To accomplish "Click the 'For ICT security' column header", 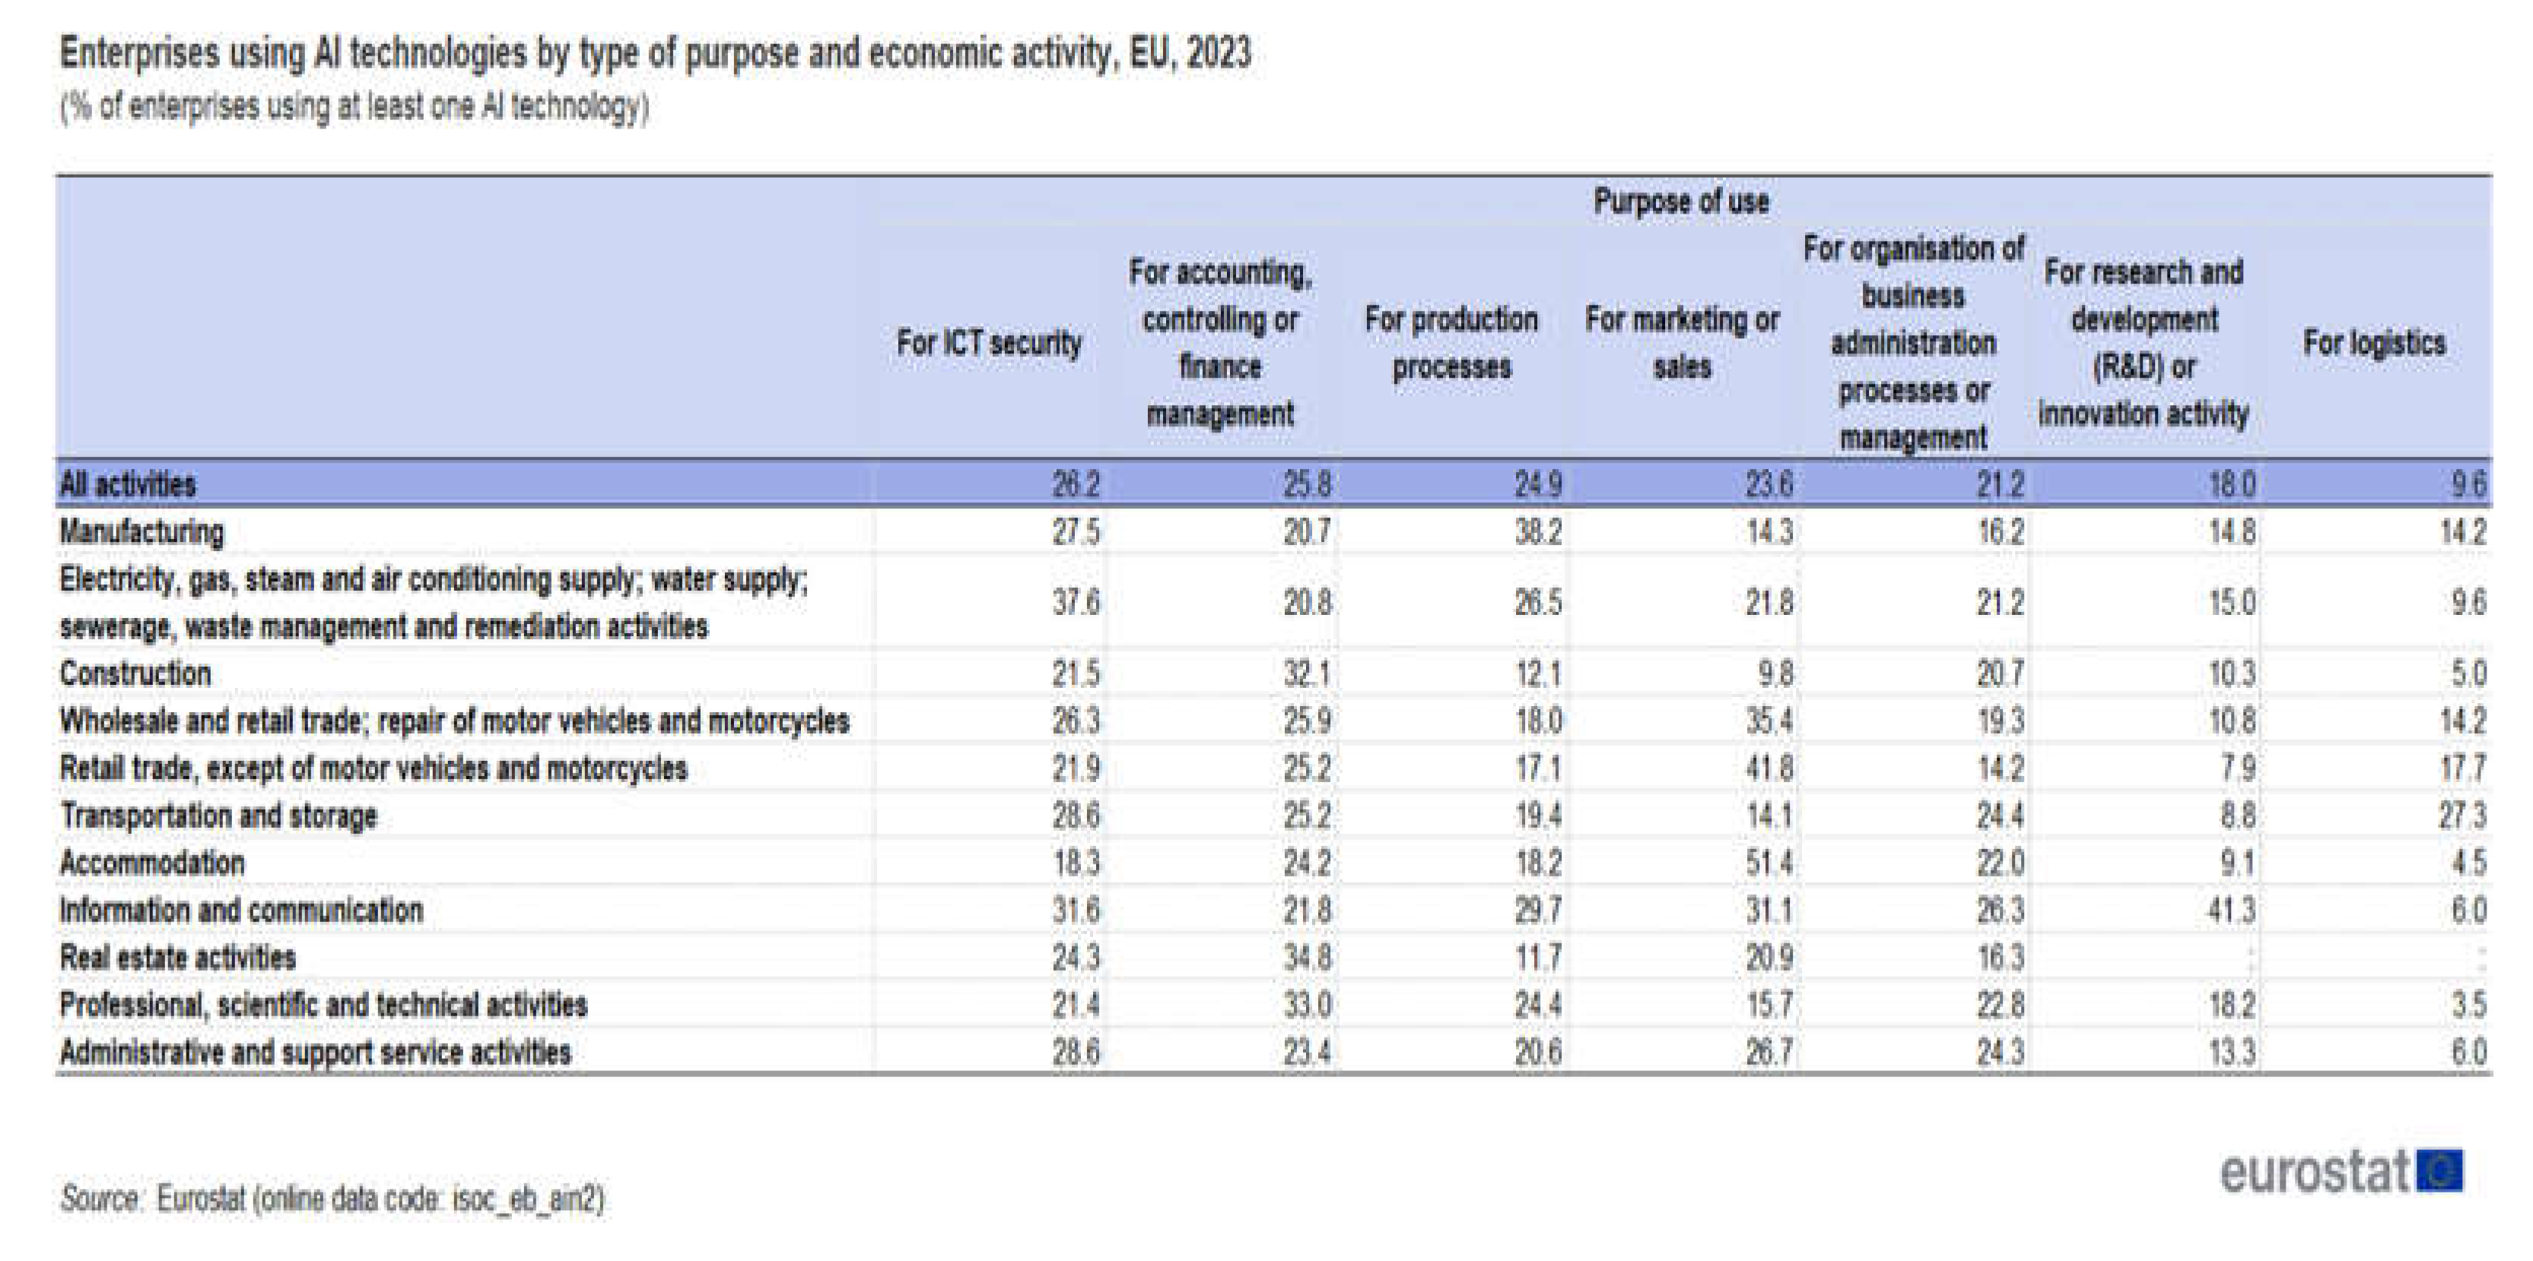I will (x=988, y=343).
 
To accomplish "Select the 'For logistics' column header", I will (x=2374, y=343).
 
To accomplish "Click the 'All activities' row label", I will (x=128, y=483).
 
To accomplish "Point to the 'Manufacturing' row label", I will (x=141, y=532).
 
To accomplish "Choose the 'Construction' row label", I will (x=135, y=673).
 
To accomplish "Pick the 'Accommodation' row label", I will (x=152, y=863).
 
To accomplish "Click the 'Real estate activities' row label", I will (x=178, y=957).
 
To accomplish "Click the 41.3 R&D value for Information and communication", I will (x=2231, y=910).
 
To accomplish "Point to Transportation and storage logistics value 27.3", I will (x=2462, y=816).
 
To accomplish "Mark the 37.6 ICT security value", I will (x=1076, y=603).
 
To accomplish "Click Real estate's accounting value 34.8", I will (x=1307, y=957).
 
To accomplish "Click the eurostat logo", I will (x=2341, y=1171).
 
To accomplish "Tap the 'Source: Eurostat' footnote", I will (x=332, y=1199).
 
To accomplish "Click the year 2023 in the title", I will (x=1219, y=52).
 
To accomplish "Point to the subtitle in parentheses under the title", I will (x=354, y=106).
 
